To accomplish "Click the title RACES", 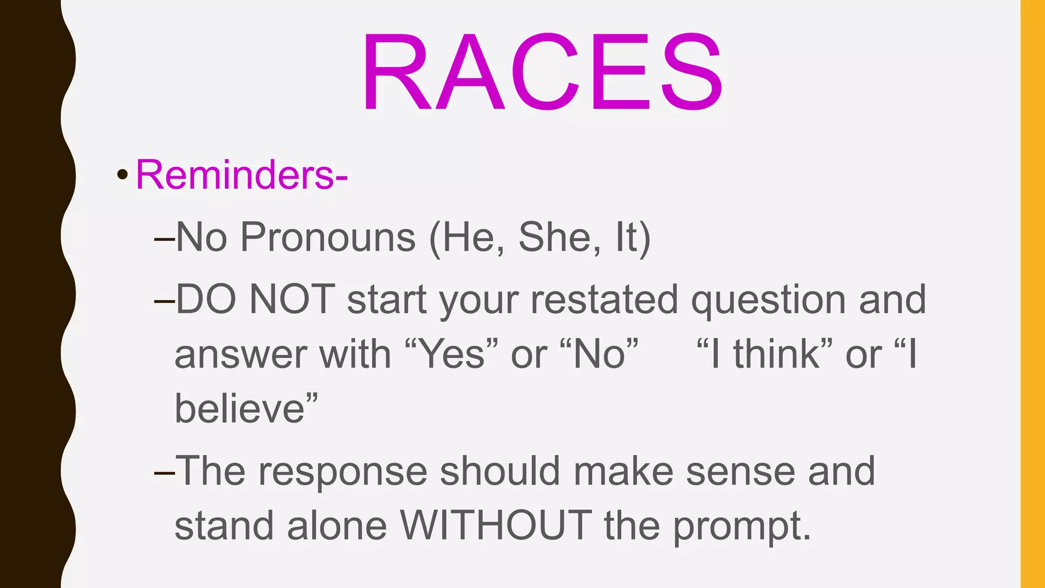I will click(x=542, y=71).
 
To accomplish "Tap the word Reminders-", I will click(x=241, y=175).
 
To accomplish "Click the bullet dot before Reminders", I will click(x=122, y=175).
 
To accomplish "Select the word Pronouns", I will click(x=328, y=237).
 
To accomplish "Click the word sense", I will click(x=740, y=471).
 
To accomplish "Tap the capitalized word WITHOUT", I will click(x=495, y=526).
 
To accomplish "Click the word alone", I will click(x=337, y=526).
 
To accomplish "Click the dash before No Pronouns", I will click(x=164, y=238).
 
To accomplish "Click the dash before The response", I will click(x=164, y=472).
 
